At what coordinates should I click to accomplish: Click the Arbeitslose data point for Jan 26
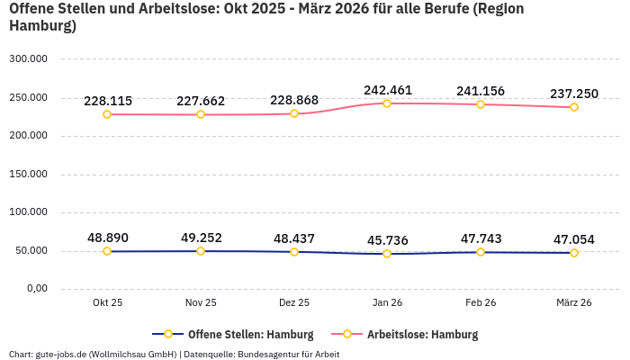pos(387,103)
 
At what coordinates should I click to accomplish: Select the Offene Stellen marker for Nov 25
pos(201,251)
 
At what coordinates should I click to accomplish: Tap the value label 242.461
pos(387,90)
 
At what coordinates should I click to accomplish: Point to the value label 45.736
pos(387,240)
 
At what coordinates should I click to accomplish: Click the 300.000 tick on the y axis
pos(28,59)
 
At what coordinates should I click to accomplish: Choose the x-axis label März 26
pos(573,302)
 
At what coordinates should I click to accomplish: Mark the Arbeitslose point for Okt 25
pos(107,114)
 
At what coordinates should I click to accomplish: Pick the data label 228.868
pos(294,101)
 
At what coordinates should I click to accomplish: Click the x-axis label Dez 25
pos(294,302)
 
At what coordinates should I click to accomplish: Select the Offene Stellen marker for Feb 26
pos(481,252)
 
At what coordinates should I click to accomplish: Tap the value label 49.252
pos(201,238)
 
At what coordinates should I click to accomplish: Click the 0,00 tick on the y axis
pos(37,289)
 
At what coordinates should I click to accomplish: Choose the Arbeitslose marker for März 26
pos(574,107)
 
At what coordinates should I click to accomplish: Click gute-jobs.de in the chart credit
pos(59,354)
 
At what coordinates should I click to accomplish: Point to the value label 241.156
pos(481,91)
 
